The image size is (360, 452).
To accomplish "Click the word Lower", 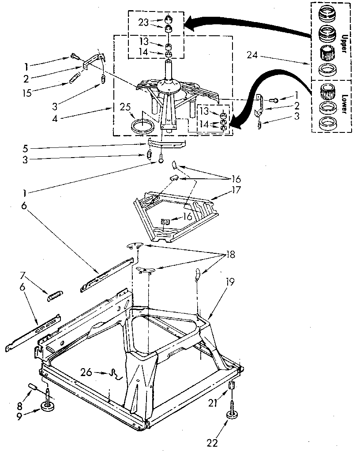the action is tap(342, 105).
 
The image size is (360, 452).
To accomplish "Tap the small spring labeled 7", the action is tap(54, 297).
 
